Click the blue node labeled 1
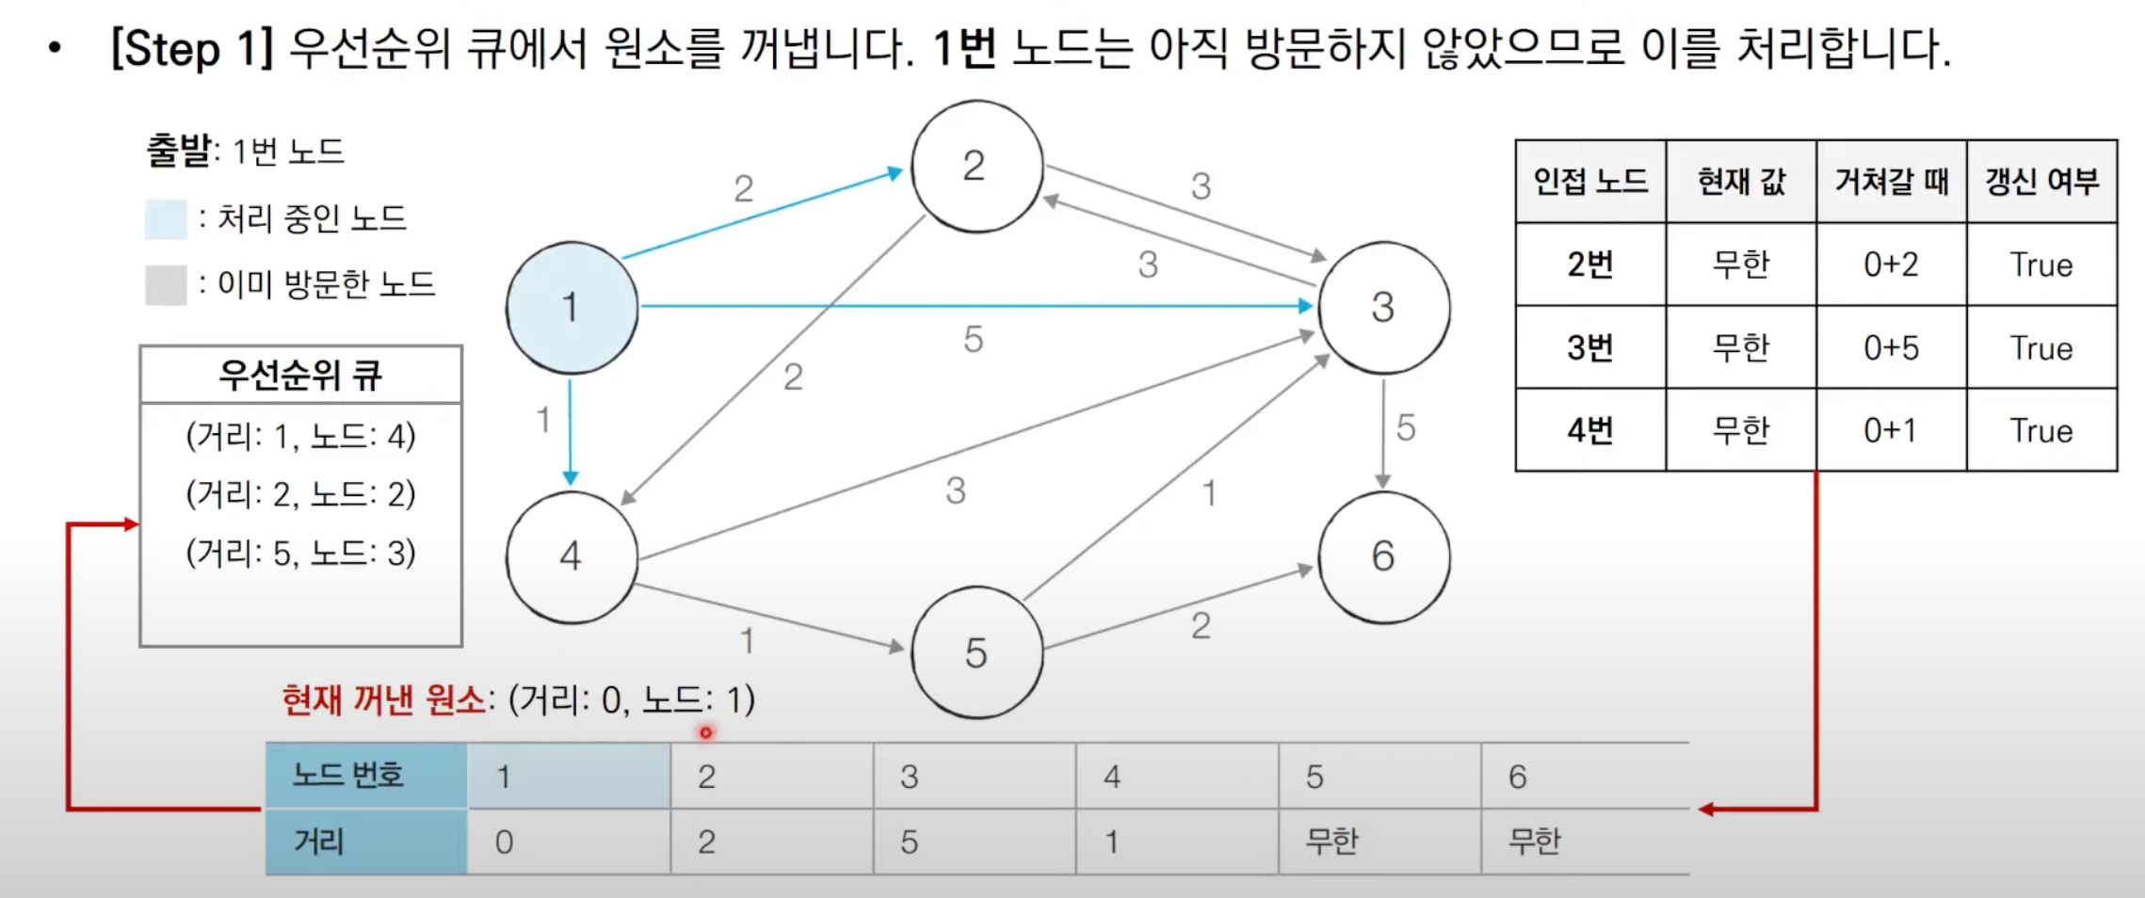coord(572,308)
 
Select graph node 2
coord(976,167)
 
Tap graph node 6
coord(1383,557)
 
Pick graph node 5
coord(976,653)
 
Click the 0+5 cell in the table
coord(1891,348)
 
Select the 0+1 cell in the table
coord(1891,431)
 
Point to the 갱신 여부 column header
coord(2041,182)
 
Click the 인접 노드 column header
coord(1590,182)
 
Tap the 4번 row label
coord(1590,431)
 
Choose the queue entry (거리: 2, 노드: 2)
coord(300,494)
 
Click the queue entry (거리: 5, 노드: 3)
coord(300,553)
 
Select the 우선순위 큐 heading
coord(300,376)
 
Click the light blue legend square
coord(166,219)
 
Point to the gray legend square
coord(166,285)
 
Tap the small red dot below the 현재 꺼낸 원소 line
coord(705,732)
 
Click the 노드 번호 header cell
coord(348,776)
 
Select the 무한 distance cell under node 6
coord(1535,841)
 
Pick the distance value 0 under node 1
coord(505,842)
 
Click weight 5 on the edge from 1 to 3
coord(974,340)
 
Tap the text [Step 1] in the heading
coord(192,48)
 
